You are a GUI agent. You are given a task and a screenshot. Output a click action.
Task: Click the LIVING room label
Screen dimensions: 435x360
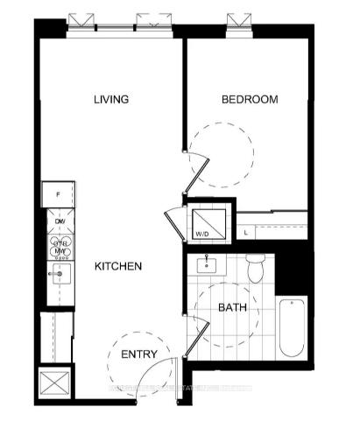pos(111,100)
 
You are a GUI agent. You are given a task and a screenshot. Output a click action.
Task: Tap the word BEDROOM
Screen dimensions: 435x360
pos(249,100)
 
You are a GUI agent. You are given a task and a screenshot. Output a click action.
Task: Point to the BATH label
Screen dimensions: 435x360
pos(232,307)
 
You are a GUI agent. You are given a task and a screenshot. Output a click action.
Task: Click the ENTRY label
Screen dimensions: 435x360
pos(139,354)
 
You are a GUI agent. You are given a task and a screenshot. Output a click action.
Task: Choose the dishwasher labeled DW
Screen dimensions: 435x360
pos(60,222)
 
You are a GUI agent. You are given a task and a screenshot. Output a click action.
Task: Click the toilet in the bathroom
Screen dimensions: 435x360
pos(255,269)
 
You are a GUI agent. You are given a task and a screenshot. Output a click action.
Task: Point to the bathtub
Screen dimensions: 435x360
pos(291,326)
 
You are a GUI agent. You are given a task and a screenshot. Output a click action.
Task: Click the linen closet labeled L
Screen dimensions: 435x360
pos(248,231)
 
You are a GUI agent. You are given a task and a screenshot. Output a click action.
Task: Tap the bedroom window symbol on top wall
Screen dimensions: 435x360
pos(234,21)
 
